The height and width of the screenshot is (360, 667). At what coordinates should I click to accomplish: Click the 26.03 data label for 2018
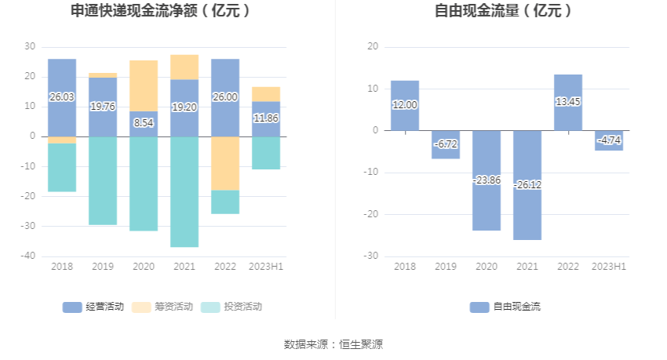pyautogui.click(x=62, y=97)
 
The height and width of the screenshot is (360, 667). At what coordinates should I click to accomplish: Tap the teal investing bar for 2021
pyautogui.click(x=184, y=191)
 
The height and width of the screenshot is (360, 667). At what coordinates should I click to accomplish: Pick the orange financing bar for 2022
pyautogui.click(x=225, y=163)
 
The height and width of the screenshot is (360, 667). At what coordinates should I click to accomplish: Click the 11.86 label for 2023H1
pyautogui.click(x=266, y=118)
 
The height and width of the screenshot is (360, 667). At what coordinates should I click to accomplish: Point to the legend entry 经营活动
pyautogui.click(x=93, y=307)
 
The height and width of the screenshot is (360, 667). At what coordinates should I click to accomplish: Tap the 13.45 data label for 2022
pyautogui.click(x=568, y=101)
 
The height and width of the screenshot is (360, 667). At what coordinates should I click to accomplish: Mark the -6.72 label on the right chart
pyautogui.click(x=446, y=145)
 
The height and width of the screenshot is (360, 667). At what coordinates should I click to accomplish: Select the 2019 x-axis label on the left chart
pyautogui.click(x=103, y=267)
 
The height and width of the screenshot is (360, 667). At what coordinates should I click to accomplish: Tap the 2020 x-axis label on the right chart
pyautogui.click(x=487, y=267)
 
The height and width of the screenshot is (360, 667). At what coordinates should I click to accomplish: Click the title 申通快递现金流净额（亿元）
pyautogui.click(x=161, y=11)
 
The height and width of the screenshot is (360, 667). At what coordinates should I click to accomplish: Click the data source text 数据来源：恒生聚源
pyautogui.click(x=333, y=344)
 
